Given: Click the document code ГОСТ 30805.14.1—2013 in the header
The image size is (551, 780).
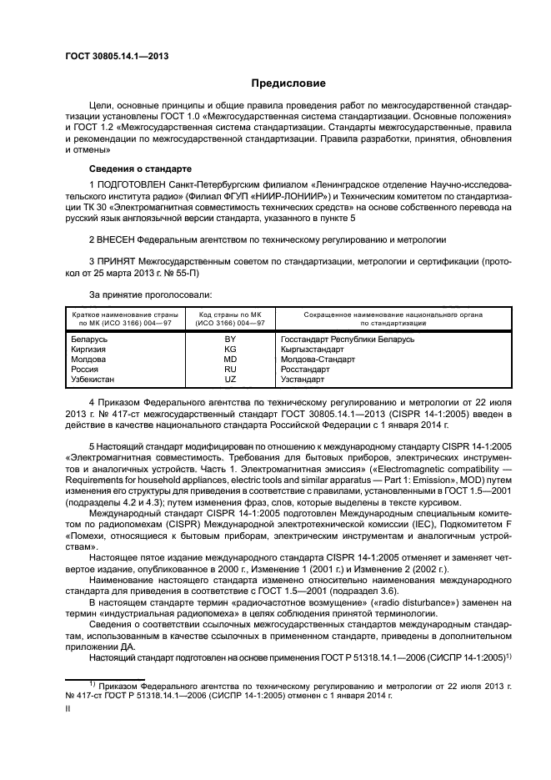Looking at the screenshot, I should coord(112,55).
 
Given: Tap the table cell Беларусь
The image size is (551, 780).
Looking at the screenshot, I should coord(90,339).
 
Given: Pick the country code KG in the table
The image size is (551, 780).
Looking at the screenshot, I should coord(230,349).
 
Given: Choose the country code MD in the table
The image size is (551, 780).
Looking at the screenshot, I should coord(230,359).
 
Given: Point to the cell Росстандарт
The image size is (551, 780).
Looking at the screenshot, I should coord(306,369).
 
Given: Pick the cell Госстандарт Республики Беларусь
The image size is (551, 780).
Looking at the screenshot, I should coord(348,339).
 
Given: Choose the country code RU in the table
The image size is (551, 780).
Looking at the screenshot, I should coord(230,369).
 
